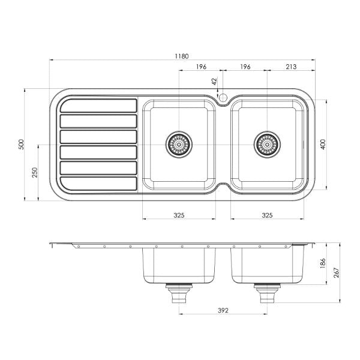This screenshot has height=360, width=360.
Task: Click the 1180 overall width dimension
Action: pyautogui.click(x=182, y=56)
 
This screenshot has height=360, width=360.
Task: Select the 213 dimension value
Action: pyautogui.click(x=290, y=67)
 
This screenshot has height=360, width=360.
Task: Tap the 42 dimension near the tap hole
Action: pyautogui.click(x=214, y=81)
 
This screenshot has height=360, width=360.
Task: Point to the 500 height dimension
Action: pyautogui.click(x=20, y=144)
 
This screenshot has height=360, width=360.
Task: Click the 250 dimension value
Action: pyautogui.click(x=35, y=173)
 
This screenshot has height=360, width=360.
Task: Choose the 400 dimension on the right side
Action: pyautogui.click(x=322, y=144)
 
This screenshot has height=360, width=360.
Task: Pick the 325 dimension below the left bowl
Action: pyautogui.click(x=178, y=214)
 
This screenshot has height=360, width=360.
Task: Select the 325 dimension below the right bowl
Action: pyautogui.click(x=267, y=214)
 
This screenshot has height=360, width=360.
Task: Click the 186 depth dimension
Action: pyautogui.click(x=322, y=263)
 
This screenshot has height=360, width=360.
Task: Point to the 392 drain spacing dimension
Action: pyautogui.click(x=223, y=311)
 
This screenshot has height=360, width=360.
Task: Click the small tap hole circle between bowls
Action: pyautogui.click(x=222, y=96)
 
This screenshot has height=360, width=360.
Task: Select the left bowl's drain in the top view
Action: pyautogui.click(x=178, y=143)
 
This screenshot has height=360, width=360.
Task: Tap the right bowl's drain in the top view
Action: pyautogui.click(x=267, y=143)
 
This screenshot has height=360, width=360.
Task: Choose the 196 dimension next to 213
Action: pyautogui.click(x=244, y=67)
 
